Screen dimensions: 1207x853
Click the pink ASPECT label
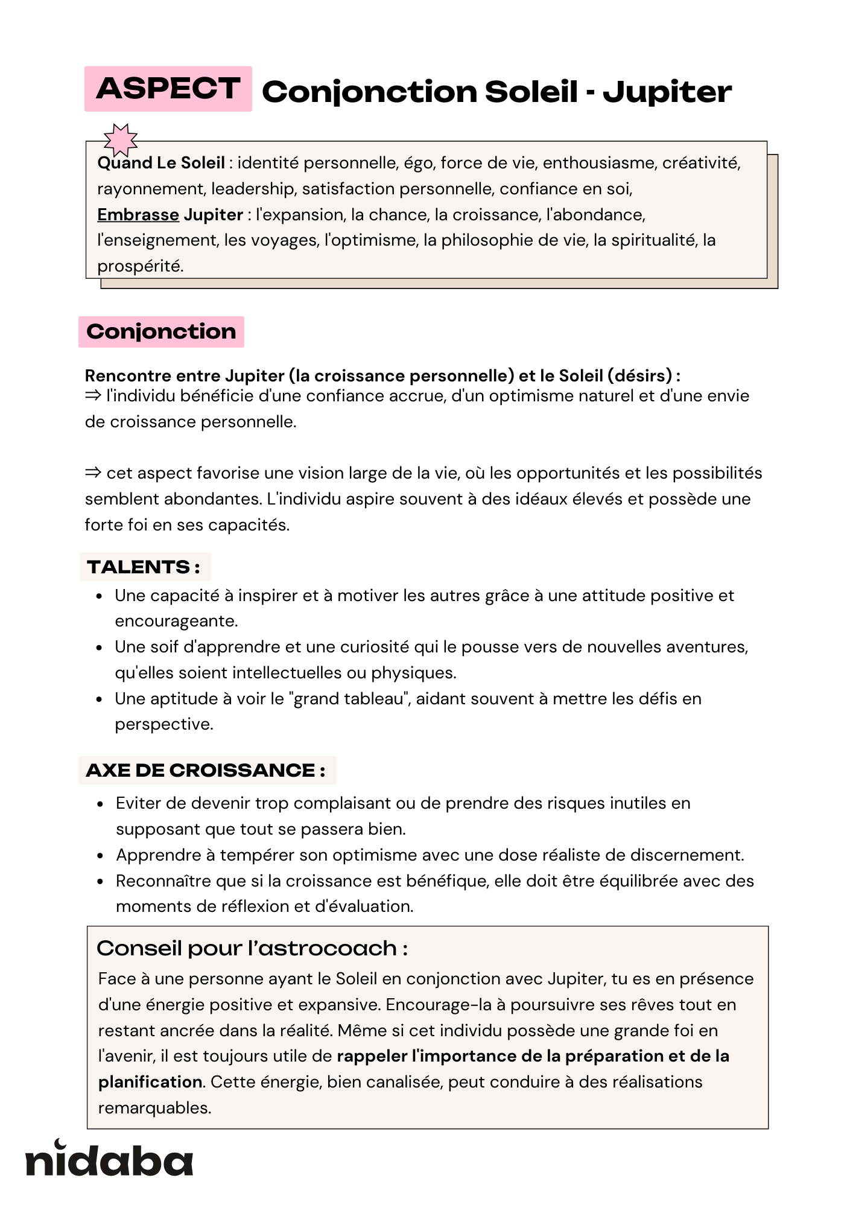(x=168, y=89)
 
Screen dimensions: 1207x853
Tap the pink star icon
(x=120, y=140)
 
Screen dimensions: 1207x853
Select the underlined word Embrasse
(x=138, y=215)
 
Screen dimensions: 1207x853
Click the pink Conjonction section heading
(x=161, y=332)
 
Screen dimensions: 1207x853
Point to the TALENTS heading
(x=144, y=567)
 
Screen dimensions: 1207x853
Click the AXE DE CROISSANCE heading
(x=206, y=771)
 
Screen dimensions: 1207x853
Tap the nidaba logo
(x=109, y=1159)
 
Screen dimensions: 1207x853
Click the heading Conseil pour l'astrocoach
(x=252, y=949)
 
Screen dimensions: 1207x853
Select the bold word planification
(x=150, y=1082)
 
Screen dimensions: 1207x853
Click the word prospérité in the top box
(x=139, y=266)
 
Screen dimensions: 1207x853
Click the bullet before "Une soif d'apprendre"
(x=100, y=648)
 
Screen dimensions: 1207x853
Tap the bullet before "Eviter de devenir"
(x=101, y=804)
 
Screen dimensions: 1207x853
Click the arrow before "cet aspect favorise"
(x=93, y=473)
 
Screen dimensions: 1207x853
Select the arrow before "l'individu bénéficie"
(x=93, y=396)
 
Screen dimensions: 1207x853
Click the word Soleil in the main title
(x=531, y=92)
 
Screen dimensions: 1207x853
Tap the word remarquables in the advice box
(x=154, y=1108)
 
